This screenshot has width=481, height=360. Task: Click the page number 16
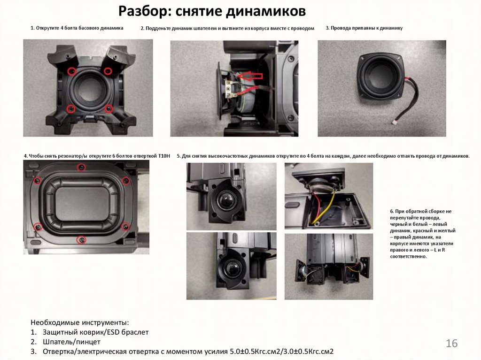451,343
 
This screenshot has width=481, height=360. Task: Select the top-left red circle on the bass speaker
71,71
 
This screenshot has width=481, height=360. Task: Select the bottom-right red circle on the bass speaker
109,108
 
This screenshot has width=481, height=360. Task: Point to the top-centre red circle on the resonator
81,168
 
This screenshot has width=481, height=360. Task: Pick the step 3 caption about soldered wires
364,28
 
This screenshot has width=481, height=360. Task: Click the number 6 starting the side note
392,211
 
